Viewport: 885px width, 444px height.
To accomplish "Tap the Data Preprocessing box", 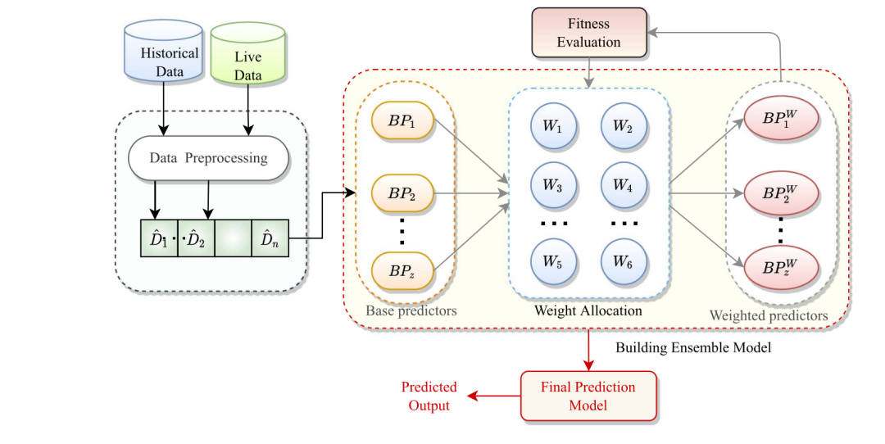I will point(208,157).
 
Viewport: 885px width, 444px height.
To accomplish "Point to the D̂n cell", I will point(270,239).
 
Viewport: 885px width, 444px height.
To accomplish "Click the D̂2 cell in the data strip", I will point(196,239).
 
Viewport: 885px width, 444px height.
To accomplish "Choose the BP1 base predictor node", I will point(402,122).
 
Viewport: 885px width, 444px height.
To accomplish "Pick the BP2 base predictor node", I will point(402,193).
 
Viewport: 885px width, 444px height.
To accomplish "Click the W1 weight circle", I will point(554,127).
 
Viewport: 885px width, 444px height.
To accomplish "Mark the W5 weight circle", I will point(554,262).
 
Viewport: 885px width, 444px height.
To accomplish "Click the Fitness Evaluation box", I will point(589,33).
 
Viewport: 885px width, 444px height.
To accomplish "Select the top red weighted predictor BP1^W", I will point(780,119).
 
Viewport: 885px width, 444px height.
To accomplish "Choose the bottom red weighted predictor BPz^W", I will point(780,268).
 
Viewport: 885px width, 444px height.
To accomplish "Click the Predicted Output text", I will point(429,396).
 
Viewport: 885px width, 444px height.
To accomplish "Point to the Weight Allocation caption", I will point(588,311).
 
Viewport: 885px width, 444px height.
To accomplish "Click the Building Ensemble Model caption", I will point(693,347).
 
